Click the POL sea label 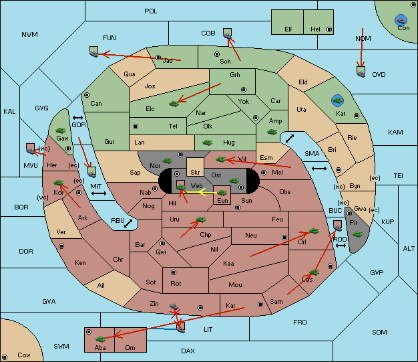pos(151,11)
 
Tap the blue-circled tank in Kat pos(337,100)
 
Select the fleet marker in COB pos(228,33)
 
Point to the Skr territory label pos(195,173)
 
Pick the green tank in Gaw pos(61,130)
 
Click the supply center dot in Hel pos(329,29)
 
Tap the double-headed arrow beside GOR pos(78,118)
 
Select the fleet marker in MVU pos(31,149)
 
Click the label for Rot pos(176,284)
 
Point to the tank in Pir pos(357,235)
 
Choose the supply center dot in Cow pos(5,357)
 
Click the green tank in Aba pos(101,339)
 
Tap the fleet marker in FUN pos(94,52)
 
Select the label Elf pos(288,29)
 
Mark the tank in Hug pos(207,143)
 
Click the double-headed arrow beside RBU pos(128,223)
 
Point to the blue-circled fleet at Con pos(401,21)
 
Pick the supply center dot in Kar pos(260,304)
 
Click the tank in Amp pos(272,132)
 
